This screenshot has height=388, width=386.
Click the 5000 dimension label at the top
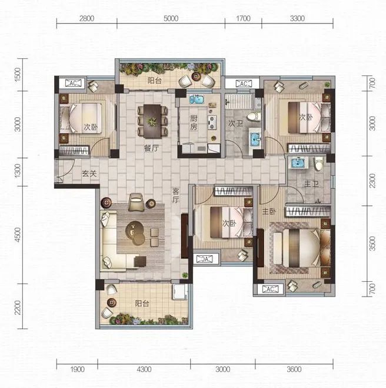click(171, 18)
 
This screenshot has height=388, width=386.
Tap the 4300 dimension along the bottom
click(144, 370)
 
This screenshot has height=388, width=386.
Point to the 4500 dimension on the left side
click(18, 235)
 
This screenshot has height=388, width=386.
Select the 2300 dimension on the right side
click(372, 181)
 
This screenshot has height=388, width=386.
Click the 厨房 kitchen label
click(194, 123)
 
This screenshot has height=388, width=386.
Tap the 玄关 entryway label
click(89, 173)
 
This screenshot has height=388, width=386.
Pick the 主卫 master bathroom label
click(311, 184)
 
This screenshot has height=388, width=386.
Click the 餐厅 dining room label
click(151, 148)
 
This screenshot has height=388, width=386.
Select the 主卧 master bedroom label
click(269, 212)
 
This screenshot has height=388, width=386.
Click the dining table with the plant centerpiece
click(152, 121)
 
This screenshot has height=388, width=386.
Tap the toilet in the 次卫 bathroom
click(254, 116)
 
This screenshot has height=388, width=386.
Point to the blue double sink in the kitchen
click(197, 99)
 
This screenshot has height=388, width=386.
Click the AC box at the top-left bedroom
click(73, 83)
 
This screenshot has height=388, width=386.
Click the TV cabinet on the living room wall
click(185, 236)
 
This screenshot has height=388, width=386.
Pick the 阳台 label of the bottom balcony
click(142, 303)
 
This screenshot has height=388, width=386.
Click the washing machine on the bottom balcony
click(180, 292)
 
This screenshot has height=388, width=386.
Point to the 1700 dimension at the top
click(243, 18)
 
